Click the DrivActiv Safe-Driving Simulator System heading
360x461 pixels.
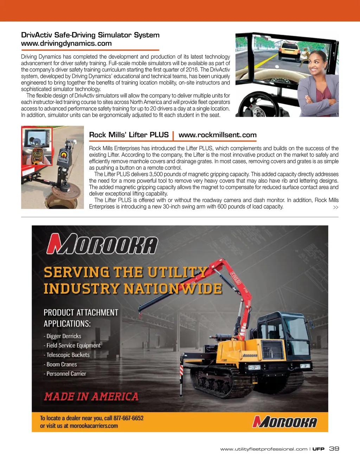pos(90,35)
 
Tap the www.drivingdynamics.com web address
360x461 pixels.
pos(66,44)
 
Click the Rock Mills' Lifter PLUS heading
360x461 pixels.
pos(129,135)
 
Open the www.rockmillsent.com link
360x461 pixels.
pos(217,135)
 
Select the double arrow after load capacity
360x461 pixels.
pos(335,207)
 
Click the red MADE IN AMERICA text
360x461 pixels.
pos(91,397)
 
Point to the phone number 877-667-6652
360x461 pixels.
pos(128,418)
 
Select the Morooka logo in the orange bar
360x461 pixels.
pos(284,422)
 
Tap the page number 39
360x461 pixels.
pos(334,449)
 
